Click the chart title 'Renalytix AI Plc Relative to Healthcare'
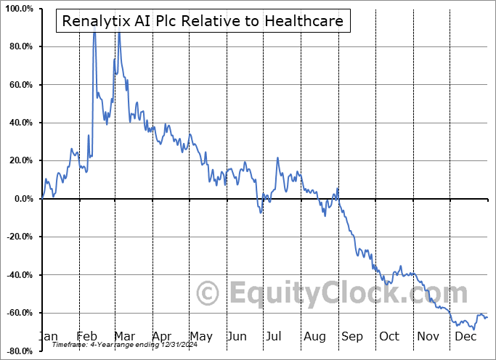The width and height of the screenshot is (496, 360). point(203,21)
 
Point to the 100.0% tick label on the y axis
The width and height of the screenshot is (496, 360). point(18,9)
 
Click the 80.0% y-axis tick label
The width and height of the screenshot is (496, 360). point(20,46)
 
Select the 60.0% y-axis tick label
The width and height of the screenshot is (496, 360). point(20,85)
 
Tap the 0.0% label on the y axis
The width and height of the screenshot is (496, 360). point(22,199)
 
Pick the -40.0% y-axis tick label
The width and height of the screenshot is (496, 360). point(17,275)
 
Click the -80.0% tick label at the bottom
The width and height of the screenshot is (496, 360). point(17,351)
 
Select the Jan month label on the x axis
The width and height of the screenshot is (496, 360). point(48,336)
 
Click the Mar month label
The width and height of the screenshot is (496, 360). point(123,336)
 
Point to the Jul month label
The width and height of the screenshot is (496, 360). point(275,336)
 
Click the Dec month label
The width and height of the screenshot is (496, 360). point(465,336)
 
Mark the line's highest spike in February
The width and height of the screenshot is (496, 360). point(94,29)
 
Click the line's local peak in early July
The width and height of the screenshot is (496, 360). point(277,157)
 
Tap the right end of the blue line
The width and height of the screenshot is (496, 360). point(487,316)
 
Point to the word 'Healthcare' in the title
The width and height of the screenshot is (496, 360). point(304,21)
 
